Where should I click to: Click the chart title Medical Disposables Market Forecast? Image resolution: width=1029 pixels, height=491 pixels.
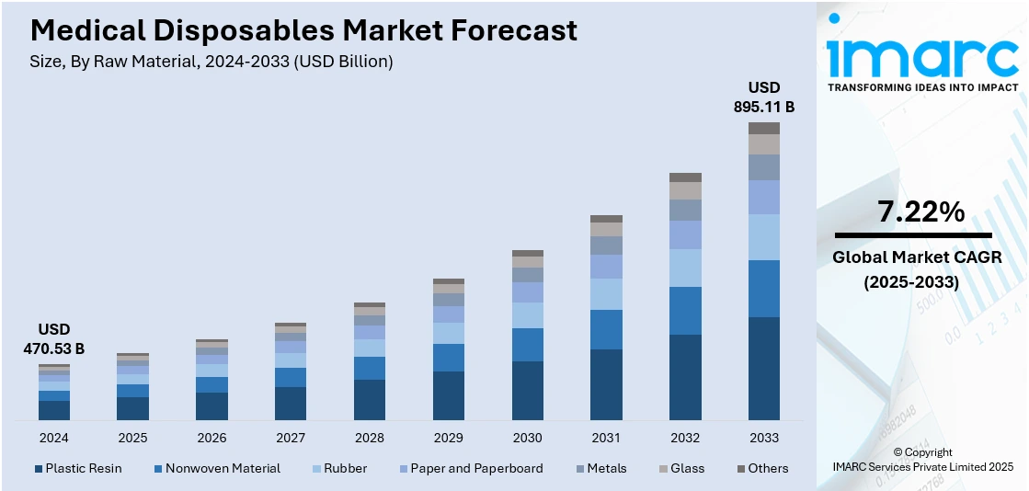[303, 30]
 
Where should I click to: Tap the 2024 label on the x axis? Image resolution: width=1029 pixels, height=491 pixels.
[53, 438]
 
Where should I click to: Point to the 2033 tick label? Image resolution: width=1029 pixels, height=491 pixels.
[764, 438]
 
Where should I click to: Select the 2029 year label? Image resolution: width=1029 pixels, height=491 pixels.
[448, 438]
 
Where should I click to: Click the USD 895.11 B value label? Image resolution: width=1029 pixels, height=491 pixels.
[764, 97]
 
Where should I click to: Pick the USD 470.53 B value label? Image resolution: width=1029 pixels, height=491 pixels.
[53, 338]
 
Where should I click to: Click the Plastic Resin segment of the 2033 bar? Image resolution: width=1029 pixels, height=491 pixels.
[764, 369]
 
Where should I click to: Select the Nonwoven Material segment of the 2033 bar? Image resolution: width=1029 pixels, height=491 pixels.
[764, 288]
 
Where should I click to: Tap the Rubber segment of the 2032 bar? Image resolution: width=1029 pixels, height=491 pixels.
[685, 268]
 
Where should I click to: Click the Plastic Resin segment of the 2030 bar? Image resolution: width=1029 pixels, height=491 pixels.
[527, 391]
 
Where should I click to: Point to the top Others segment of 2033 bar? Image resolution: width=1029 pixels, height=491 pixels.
[764, 128]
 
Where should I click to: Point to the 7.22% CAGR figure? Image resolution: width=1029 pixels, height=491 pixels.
[921, 212]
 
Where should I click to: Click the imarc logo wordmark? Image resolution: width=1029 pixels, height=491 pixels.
[922, 56]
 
